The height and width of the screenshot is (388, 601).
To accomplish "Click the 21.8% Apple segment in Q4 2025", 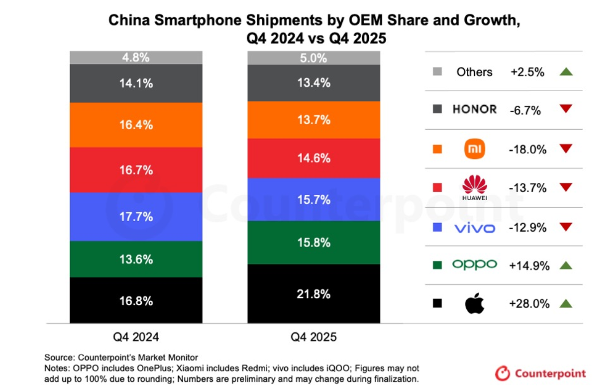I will tap(314, 294).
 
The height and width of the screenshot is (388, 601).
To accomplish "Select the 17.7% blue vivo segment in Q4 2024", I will tap(136, 217).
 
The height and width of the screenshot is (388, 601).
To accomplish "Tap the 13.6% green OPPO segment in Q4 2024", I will tap(136, 259).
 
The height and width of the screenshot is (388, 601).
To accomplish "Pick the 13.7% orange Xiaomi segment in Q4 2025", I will tap(314, 120).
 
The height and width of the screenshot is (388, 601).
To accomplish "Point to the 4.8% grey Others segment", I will tap(136, 57).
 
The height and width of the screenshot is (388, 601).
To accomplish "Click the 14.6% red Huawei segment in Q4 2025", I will tap(314, 158).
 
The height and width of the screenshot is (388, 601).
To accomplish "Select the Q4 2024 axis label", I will tap(136, 337).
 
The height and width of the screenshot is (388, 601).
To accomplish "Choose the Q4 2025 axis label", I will tap(314, 337).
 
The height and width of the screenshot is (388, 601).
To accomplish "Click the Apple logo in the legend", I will tap(474, 304).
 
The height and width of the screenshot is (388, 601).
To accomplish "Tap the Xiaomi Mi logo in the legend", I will tap(474, 149).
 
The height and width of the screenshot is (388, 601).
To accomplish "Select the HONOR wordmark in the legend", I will tap(474, 109).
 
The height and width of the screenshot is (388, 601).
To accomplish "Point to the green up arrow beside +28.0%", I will tap(565, 304).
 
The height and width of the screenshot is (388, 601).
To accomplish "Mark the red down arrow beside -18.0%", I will tap(565, 149).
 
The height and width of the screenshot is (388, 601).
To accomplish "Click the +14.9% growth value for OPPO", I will tap(529, 265).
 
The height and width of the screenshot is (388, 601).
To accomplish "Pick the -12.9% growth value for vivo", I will tap(528, 227).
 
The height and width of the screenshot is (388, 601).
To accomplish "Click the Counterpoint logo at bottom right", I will tap(541, 373).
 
